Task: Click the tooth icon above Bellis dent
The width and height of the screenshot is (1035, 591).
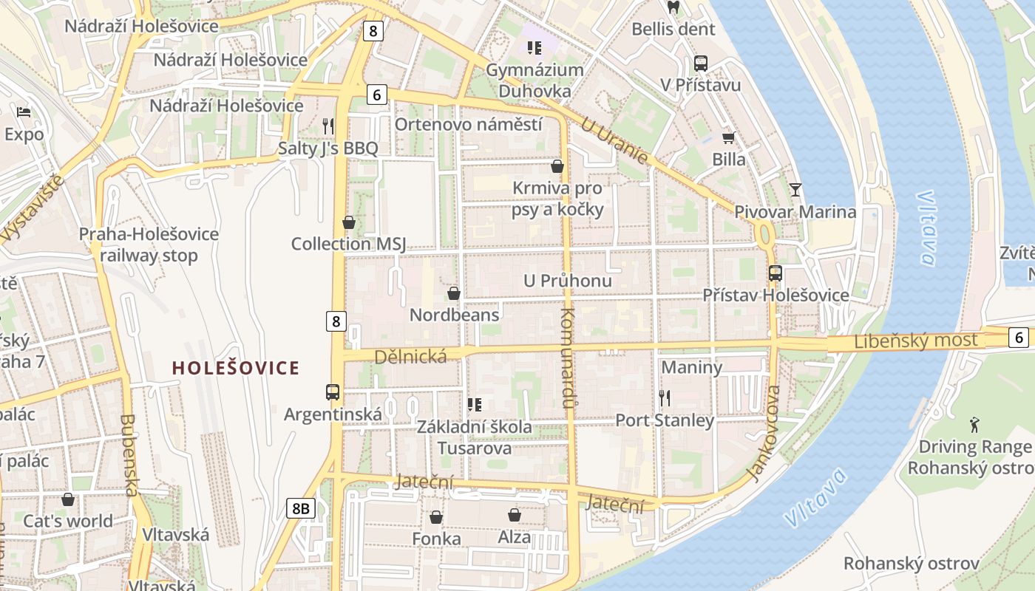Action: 673,8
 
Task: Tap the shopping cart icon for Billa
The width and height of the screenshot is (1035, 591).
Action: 728,137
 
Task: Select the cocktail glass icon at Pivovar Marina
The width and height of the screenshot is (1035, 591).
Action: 795,190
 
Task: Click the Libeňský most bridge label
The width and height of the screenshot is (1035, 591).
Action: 915,341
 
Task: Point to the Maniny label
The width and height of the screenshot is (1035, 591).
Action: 691,367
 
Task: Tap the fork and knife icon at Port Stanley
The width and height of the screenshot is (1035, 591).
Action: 665,398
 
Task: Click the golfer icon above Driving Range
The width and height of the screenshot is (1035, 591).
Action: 974,425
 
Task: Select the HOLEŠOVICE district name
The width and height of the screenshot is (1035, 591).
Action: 236,368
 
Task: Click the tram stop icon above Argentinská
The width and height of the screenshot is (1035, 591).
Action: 333,392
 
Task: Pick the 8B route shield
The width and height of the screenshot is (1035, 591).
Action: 301,508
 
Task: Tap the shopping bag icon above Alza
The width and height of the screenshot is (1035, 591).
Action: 514,515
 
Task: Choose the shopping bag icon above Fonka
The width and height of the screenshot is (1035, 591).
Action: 436,516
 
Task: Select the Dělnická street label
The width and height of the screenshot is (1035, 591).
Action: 410,358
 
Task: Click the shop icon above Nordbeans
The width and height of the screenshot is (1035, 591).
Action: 454,293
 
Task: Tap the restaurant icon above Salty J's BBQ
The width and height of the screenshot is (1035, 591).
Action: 328,126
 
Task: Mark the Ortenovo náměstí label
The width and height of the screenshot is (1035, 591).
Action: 468,124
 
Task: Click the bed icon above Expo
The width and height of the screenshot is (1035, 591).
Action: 24,112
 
